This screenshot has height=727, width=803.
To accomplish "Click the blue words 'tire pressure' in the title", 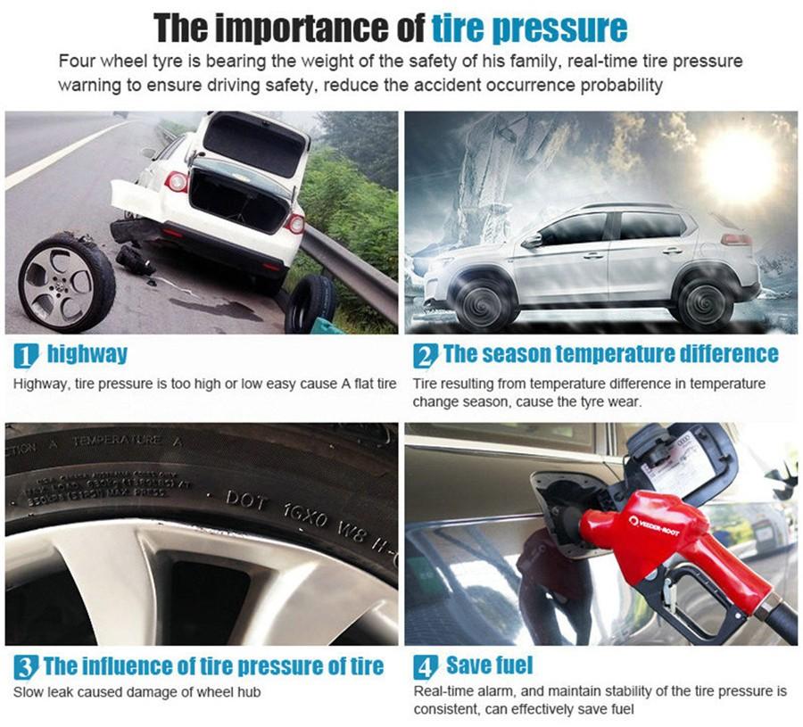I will [529, 28].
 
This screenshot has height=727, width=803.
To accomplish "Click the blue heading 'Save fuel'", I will [489, 665].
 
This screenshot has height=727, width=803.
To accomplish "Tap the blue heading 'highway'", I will [87, 354].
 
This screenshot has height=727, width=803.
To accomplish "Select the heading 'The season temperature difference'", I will [609, 354].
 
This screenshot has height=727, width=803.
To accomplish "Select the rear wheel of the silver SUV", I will [705, 297].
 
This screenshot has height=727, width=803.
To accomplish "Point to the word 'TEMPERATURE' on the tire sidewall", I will [116, 441].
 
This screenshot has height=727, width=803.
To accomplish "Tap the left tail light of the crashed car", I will [176, 182].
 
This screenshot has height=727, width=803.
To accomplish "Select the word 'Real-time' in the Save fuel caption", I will [442, 692].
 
